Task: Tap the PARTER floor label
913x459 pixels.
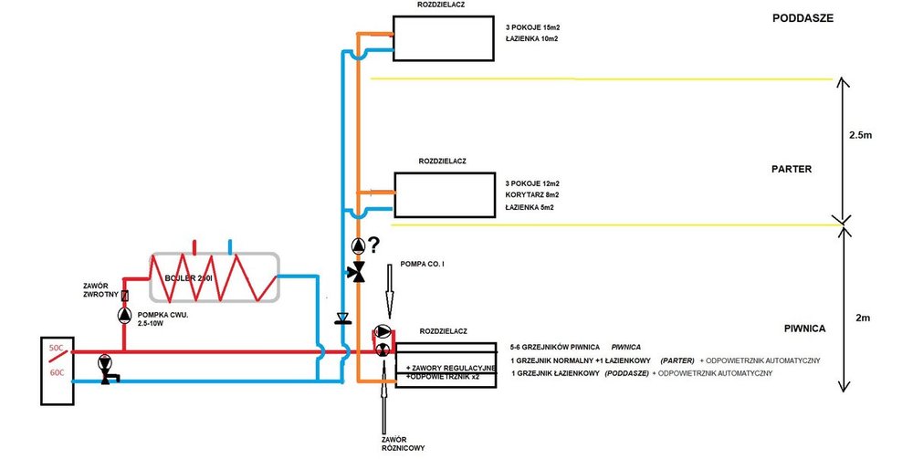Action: pyautogui.click(x=792, y=170)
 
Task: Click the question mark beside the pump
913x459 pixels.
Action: pyautogui.click(x=373, y=245)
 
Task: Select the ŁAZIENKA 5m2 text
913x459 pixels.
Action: pyautogui.click(x=530, y=208)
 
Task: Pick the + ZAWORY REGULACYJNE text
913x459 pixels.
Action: pyautogui.click(x=449, y=366)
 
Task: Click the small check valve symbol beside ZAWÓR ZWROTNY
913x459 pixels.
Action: pyautogui.click(x=124, y=296)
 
